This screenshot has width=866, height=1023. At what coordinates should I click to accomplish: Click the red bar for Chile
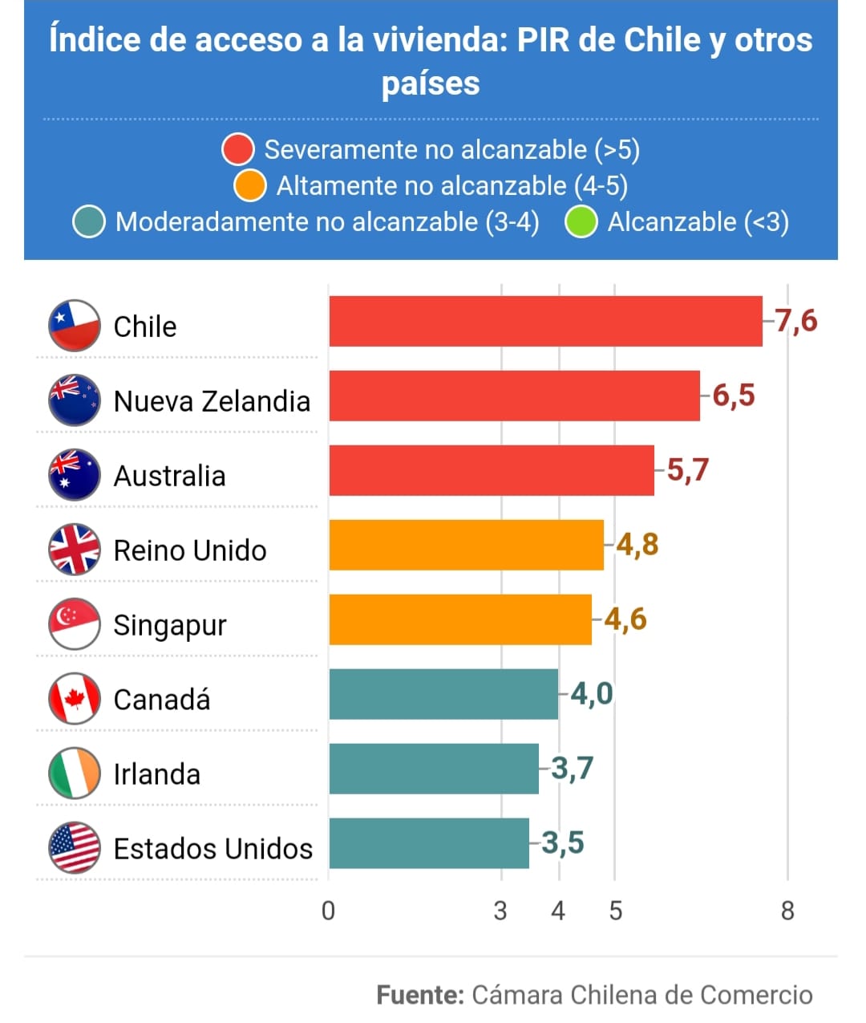pyautogui.click(x=545, y=321)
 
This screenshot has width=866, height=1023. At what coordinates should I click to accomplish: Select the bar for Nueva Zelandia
pyautogui.click(x=514, y=396)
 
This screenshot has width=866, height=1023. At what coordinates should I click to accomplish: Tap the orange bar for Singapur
pyautogui.click(x=460, y=619)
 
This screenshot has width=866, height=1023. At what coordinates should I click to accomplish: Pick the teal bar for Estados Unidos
pyautogui.click(x=429, y=843)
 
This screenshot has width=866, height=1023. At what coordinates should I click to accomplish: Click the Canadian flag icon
pyautogui.click(x=75, y=699)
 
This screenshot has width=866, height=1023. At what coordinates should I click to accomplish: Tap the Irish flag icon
pyautogui.click(x=75, y=773)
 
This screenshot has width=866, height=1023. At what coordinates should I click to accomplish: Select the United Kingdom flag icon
pyautogui.click(x=75, y=550)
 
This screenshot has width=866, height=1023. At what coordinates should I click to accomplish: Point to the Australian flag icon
pyautogui.click(x=75, y=475)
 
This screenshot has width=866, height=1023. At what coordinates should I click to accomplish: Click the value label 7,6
pyautogui.click(x=796, y=321)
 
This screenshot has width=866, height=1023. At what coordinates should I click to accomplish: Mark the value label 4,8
pyautogui.click(x=637, y=544)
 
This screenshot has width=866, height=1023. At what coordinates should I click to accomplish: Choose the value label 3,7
pyautogui.click(x=573, y=768)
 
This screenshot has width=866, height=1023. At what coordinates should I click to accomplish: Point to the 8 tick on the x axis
pyautogui.click(x=787, y=911)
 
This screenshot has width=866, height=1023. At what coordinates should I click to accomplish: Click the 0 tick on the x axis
pyautogui.click(x=328, y=911)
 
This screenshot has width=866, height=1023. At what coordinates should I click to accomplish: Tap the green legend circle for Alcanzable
pyautogui.click(x=581, y=222)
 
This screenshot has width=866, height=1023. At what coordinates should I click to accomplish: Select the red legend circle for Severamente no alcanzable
pyautogui.click(x=238, y=149)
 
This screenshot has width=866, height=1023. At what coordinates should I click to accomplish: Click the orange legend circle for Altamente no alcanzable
pyautogui.click(x=250, y=186)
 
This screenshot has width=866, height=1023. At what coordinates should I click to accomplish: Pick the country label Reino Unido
pyautogui.click(x=190, y=550)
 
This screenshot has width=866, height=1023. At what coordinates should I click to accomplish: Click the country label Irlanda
pyautogui.click(x=157, y=774)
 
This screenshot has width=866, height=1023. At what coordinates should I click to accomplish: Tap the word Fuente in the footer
pyautogui.click(x=420, y=995)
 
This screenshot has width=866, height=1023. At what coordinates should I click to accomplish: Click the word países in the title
pyautogui.click(x=431, y=83)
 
